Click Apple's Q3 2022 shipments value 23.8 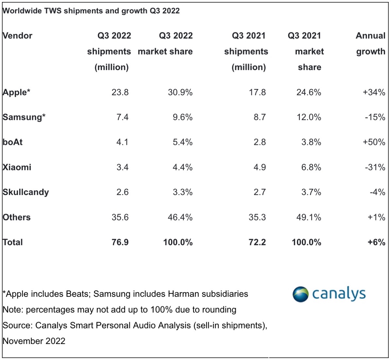coord(120,92)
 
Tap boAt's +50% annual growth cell coord(374,142)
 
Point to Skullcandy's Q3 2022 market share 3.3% coord(182,192)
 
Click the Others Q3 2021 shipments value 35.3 coord(257,217)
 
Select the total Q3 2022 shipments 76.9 coord(120,242)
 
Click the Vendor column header coord(18,36)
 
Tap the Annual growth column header coord(370,43)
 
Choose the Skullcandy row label coord(26,192)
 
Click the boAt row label coord(13,142)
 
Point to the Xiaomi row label coord(17,167)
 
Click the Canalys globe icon coord(300,294)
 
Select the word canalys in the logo coord(339,294)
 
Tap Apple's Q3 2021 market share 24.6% coord(309,92)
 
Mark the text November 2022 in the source coord(34,341)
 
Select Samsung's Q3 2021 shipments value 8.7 coord(259,117)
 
